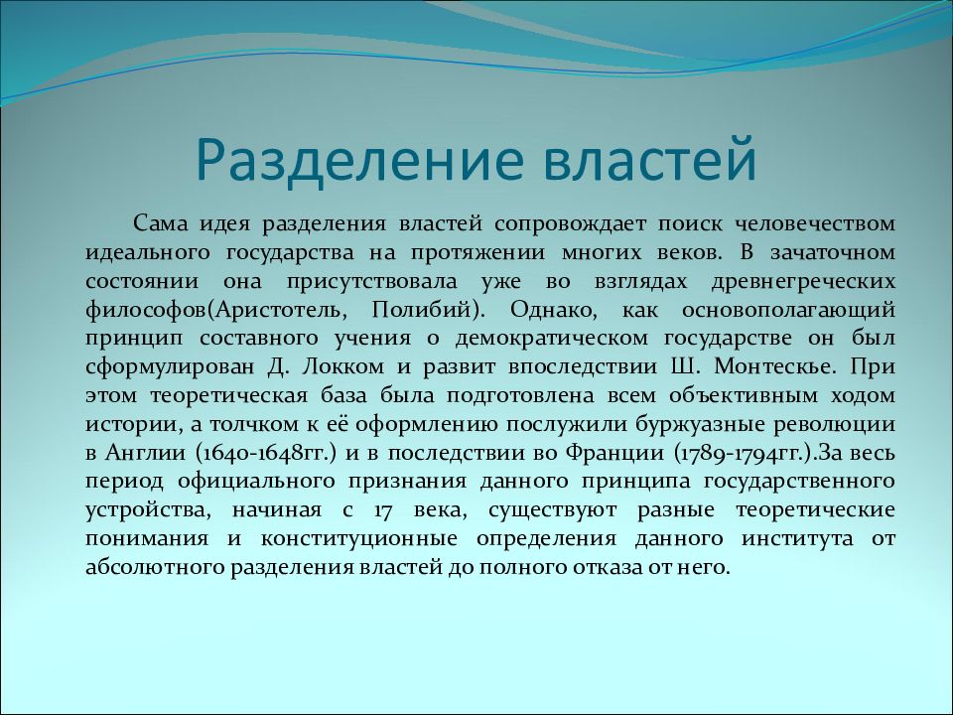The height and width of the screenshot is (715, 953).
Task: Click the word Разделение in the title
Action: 359,161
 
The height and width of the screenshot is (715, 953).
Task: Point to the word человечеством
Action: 816,223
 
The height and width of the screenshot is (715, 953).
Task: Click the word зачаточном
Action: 833,252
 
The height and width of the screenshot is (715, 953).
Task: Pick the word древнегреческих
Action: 803,281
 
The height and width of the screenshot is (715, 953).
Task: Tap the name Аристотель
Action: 278,310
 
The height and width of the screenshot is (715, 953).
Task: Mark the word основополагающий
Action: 789,311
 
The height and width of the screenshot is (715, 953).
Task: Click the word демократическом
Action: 552,339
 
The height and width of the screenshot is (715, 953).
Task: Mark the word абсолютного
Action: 156,568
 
